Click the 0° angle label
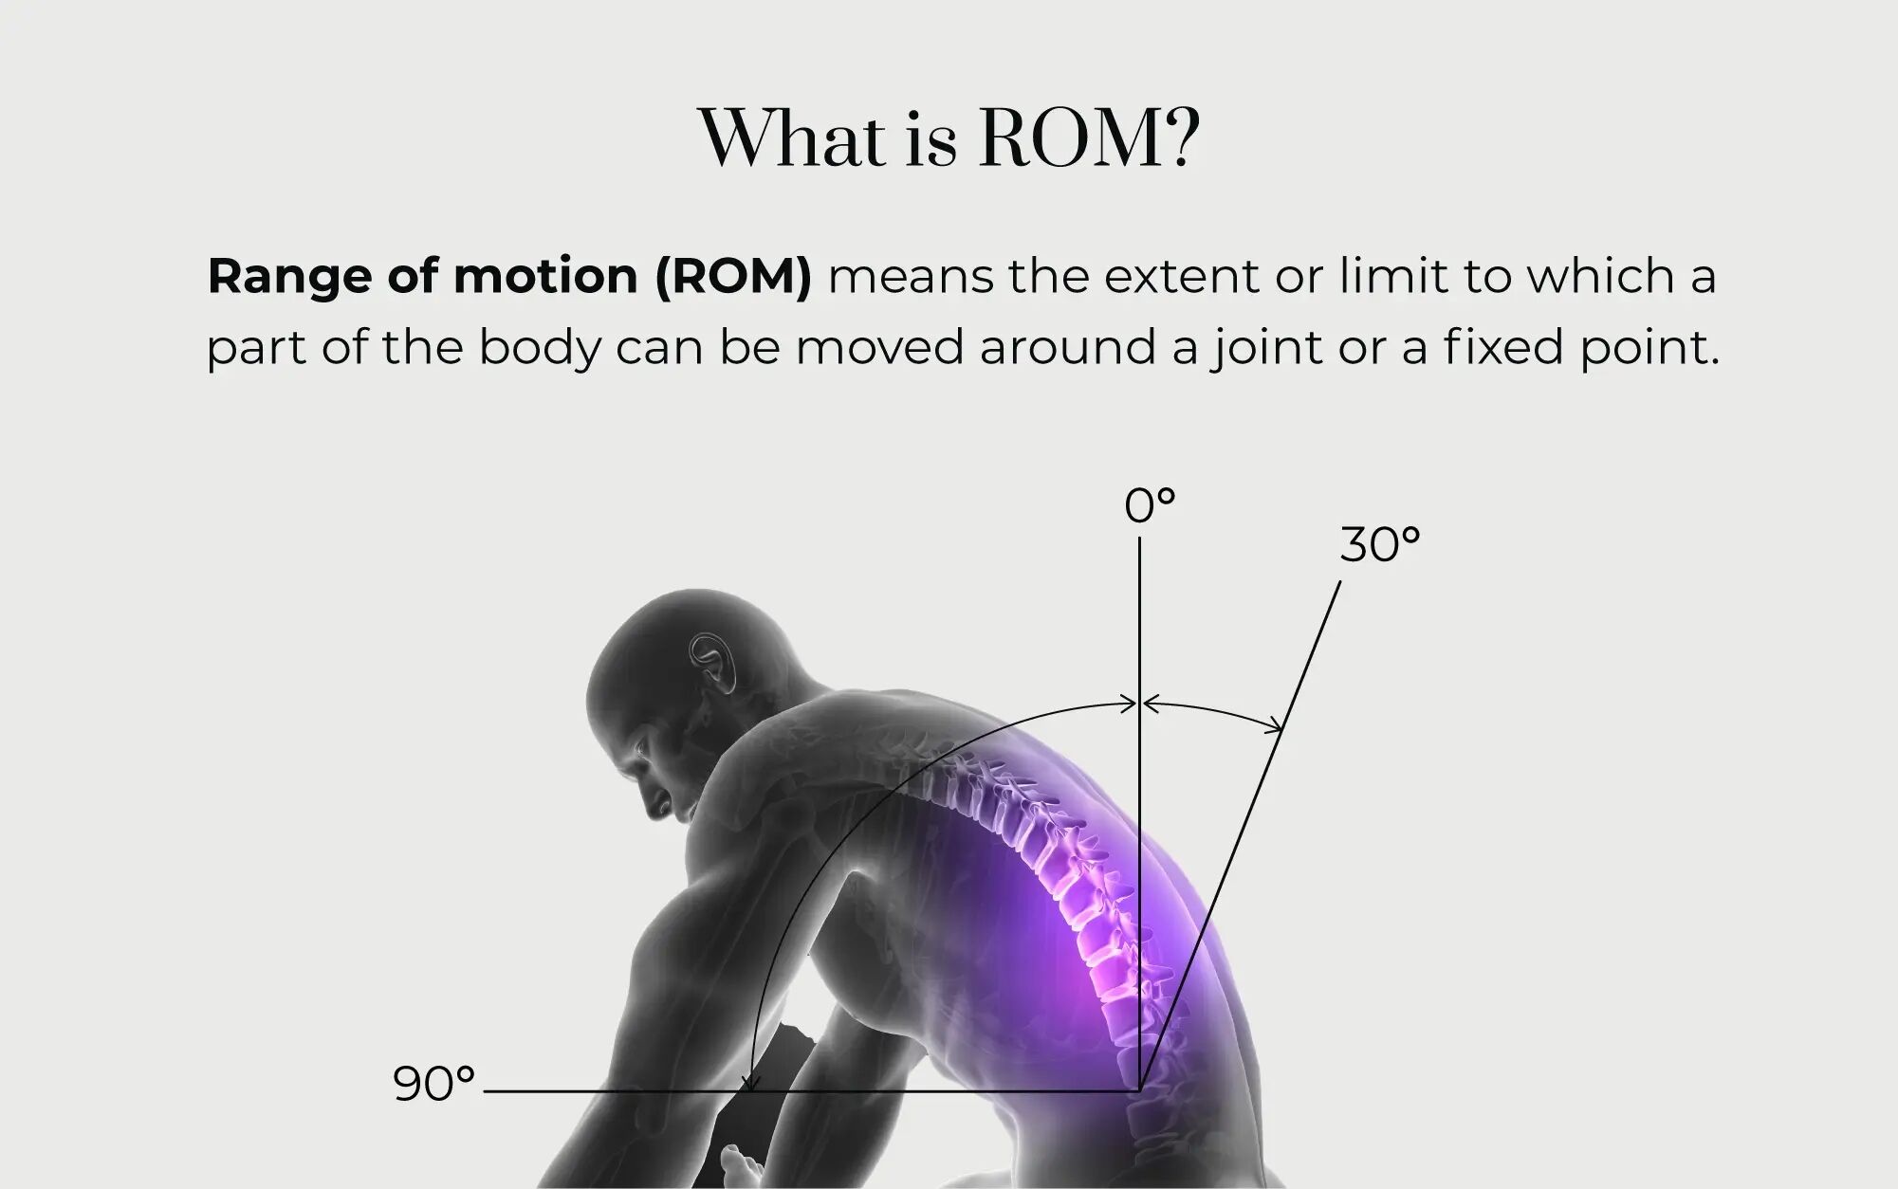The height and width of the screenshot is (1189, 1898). [1150, 506]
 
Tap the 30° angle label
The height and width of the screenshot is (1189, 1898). [1380, 545]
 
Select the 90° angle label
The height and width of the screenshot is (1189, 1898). [433, 1084]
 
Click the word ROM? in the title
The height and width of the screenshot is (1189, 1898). [1089, 138]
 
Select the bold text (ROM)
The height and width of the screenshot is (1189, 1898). [733, 277]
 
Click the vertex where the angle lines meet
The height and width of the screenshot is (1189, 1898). [1139, 1091]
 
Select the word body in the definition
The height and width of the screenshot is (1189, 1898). [540, 348]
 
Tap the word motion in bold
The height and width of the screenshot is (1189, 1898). [545, 277]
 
